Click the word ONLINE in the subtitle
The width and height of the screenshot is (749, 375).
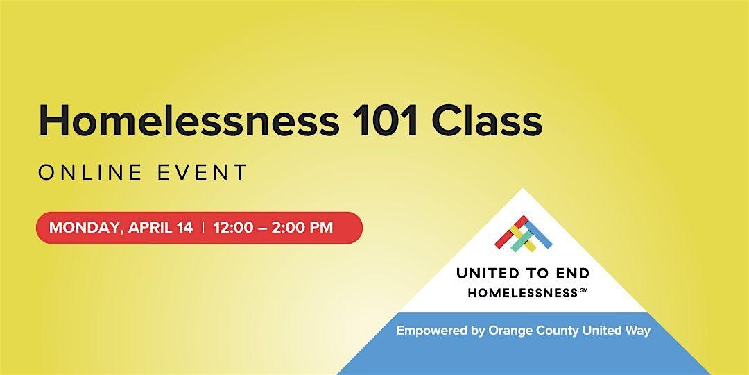tap(90, 172)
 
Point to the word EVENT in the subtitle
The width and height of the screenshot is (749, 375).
tap(202, 172)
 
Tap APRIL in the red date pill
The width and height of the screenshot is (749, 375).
tap(147, 227)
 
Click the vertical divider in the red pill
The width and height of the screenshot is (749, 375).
tap(203, 228)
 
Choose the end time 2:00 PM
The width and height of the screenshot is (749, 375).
tap(302, 227)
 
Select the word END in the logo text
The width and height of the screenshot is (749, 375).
tap(572, 274)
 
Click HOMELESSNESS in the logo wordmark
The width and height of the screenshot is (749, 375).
tap(523, 293)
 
